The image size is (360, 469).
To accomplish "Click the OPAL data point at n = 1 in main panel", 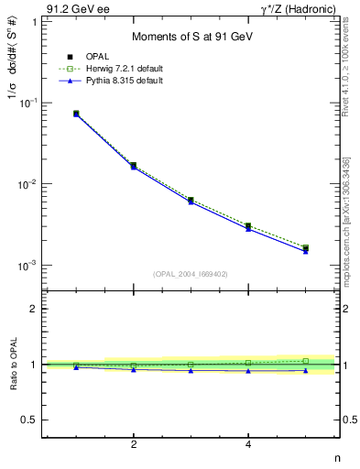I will tap(76, 114).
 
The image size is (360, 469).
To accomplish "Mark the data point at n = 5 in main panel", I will tap(305, 248).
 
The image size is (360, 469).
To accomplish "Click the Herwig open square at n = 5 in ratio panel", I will tap(305, 361).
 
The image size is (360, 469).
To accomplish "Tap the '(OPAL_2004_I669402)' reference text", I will tap(190, 273).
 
